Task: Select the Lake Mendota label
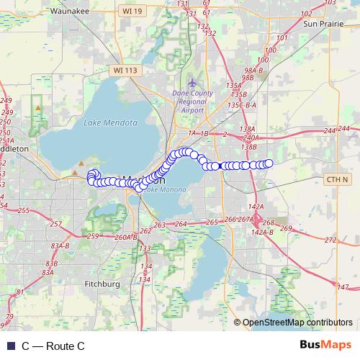tap(111, 122)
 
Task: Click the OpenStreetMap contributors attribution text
tap(297, 323)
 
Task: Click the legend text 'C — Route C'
tap(53, 346)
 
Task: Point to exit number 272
tap(330, 240)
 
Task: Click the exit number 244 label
tap(330, 130)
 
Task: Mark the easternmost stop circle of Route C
tap(269, 163)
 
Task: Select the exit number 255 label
tap(24, 211)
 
